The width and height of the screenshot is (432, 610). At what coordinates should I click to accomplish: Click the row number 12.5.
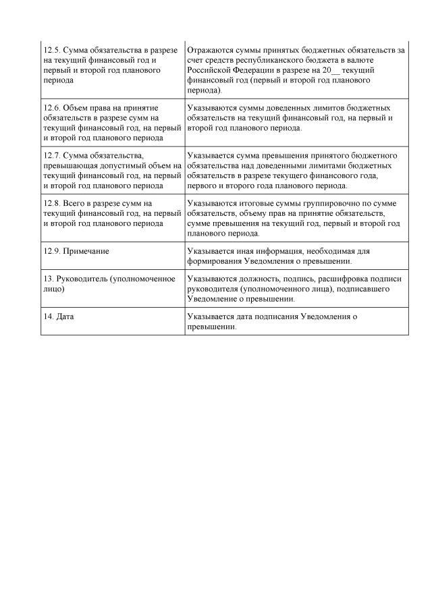[x=51, y=51]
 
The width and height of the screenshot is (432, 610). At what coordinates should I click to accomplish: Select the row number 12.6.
[x=51, y=108]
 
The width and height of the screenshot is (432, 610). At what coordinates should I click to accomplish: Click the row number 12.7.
[x=51, y=156]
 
